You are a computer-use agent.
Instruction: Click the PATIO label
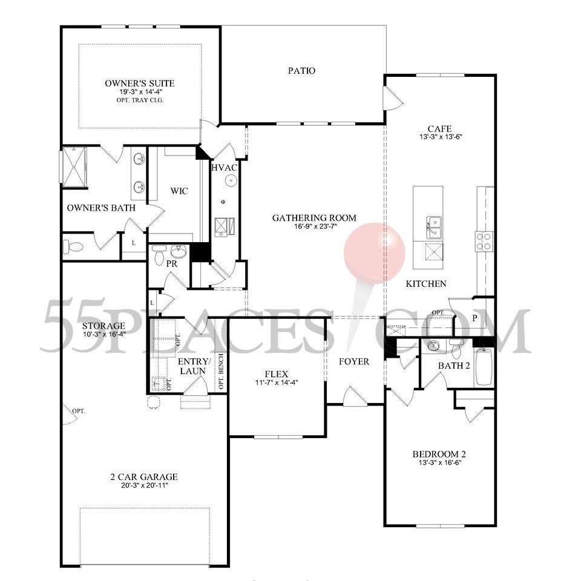click(301, 70)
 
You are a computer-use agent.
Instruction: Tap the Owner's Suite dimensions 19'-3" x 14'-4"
click(139, 92)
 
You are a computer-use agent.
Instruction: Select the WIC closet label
click(179, 191)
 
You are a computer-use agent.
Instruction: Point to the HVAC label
click(224, 168)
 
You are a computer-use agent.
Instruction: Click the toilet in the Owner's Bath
click(73, 247)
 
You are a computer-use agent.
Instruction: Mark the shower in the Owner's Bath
click(74, 167)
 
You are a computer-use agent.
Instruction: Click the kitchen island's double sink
click(433, 227)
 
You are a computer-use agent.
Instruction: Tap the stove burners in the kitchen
click(484, 241)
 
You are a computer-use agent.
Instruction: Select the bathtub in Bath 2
click(484, 367)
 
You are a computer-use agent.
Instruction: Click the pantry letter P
click(474, 318)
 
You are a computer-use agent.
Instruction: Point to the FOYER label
click(354, 361)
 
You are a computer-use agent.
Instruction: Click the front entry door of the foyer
click(355, 396)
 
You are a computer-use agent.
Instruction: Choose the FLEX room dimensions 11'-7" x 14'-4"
click(277, 382)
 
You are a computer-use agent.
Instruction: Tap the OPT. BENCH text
click(222, 372)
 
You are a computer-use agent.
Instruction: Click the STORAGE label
click(103, 326)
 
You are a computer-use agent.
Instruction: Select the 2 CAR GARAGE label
click(144, 476)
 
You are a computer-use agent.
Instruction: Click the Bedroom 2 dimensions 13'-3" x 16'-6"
click(439, 462)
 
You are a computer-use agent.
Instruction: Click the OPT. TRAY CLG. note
click(140, 100)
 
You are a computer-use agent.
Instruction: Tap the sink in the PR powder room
click(179, 252)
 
